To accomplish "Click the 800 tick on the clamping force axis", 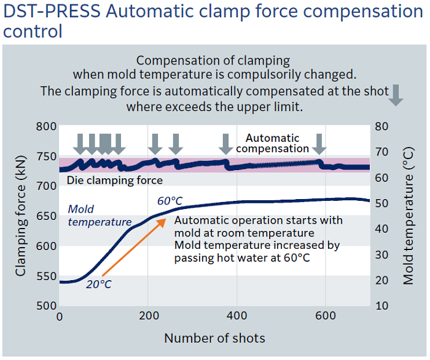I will (47, 127).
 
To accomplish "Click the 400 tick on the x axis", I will (237, 317).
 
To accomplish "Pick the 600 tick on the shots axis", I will (325, 317).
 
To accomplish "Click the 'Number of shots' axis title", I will (214, 338).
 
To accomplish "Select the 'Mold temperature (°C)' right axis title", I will (408, 216).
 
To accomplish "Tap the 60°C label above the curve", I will (170, 201).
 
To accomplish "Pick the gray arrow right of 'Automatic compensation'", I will (319, 144).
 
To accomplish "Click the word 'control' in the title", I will (33, 31).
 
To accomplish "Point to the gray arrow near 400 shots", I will (226, 144).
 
